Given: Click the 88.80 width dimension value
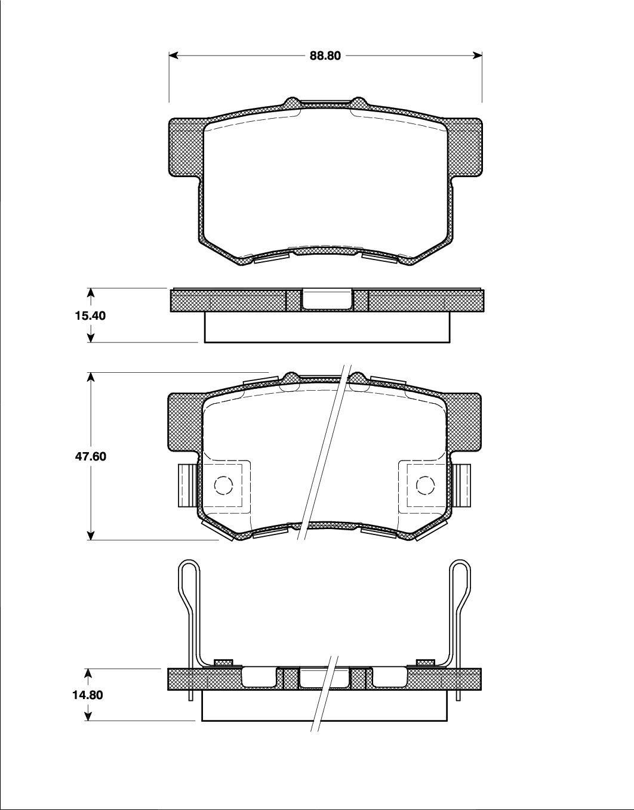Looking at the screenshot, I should [x=325, y=55].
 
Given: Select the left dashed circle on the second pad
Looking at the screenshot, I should [x=223, y=486].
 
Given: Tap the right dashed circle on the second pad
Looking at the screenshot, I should [x=425, y=486].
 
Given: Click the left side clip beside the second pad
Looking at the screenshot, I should [x=186, y=486].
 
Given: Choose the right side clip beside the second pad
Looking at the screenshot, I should [x=462, y=486].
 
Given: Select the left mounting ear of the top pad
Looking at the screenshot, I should [x=186, y=147].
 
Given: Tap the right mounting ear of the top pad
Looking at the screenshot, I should [x=466, y=147].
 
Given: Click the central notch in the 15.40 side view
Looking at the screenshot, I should [x=327, y=299].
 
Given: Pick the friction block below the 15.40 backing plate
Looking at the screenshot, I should [x=327, y=327].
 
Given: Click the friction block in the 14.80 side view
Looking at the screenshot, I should [x=325, y=706].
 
